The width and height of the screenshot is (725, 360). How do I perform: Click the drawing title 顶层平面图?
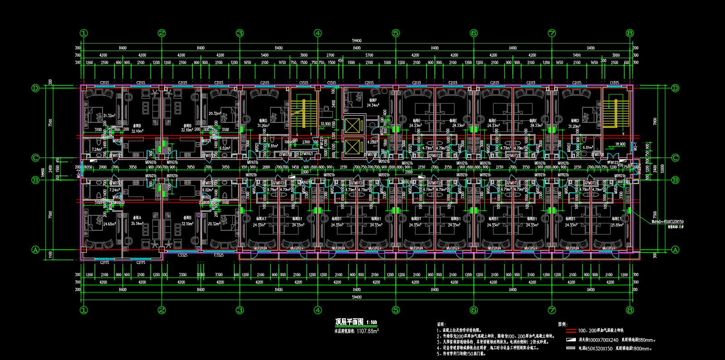pos(349,322)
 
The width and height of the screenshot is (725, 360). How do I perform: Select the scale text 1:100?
pos(372,323)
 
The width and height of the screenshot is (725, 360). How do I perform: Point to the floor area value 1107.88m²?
pos(367,331)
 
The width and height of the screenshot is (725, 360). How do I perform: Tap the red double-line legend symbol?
pos(570,331)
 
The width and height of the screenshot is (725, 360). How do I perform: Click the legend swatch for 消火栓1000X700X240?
pos(570,340)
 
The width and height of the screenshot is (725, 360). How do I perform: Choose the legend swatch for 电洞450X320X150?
pos(570,348)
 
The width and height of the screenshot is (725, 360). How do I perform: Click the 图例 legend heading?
pos(562,324)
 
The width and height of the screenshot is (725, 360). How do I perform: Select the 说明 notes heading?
pos(441,324)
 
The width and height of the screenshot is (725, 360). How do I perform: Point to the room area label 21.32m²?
pos(109,116)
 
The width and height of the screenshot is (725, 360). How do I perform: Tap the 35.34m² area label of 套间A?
pos(136,224)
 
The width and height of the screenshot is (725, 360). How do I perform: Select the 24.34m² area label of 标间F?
pos(373,105)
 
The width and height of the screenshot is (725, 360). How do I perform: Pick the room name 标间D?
pos(575,121)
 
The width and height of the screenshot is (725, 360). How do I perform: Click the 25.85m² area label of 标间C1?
pos(617,225)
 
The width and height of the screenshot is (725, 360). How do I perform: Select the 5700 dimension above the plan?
pos(370,55)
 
